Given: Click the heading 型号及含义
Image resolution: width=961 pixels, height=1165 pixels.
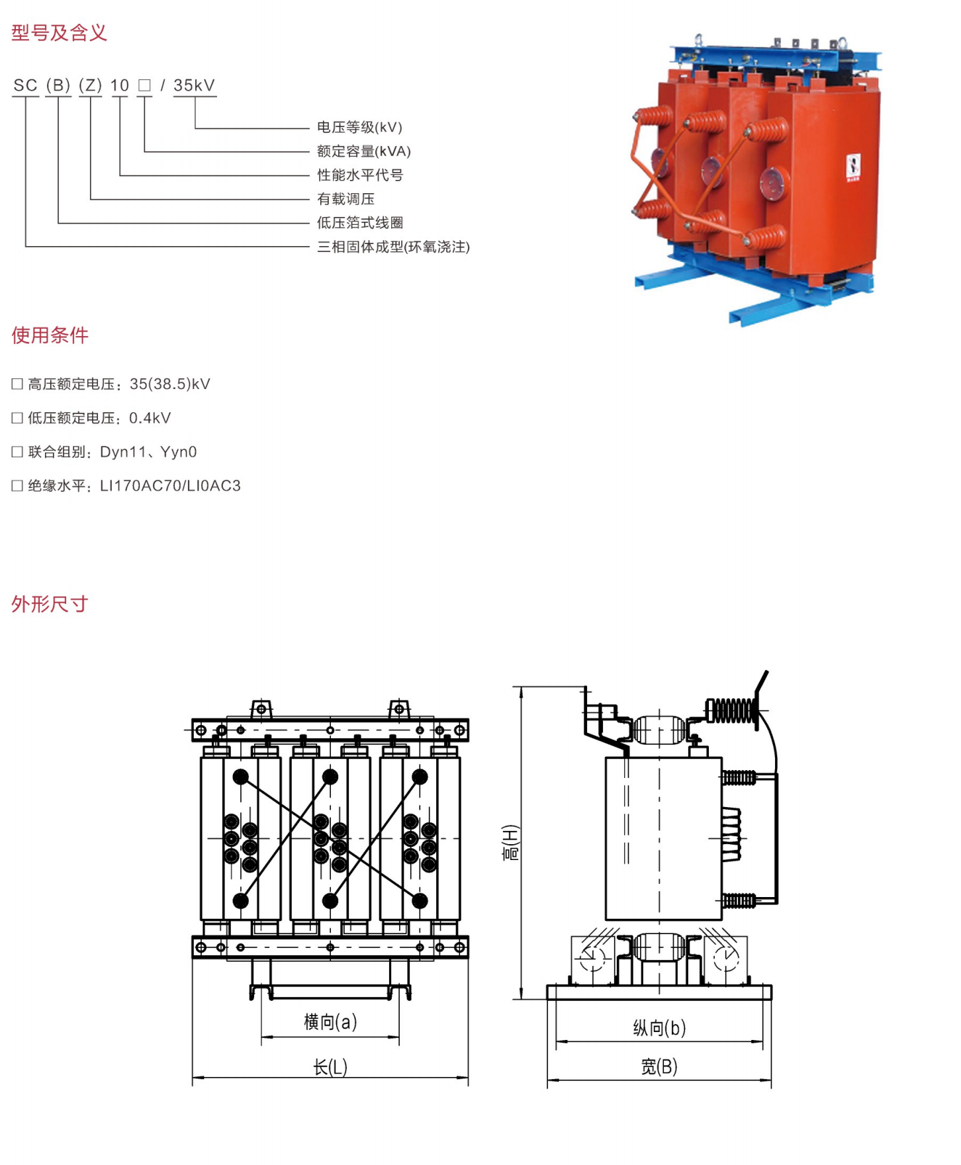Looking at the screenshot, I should click(59, 32).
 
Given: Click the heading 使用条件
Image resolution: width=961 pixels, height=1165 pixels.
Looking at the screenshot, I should click(50, 335).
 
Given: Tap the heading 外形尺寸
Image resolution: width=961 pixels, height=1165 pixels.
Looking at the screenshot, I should click(50, 604).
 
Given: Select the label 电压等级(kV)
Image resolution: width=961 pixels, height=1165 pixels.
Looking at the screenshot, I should click(359, 127).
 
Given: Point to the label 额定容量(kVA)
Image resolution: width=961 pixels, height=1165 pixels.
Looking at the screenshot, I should click(363, 151).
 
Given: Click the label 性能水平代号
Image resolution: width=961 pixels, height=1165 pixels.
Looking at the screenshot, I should click(359, 175).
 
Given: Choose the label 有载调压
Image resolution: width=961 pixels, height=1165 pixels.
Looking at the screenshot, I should click(345, 199).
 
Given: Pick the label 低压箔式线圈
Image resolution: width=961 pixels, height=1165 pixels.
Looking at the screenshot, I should click(359, 223).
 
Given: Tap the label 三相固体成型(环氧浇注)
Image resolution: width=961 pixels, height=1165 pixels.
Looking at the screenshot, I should click(393, 247).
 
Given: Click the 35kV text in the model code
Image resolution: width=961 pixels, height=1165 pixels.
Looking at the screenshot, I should click(194, 85).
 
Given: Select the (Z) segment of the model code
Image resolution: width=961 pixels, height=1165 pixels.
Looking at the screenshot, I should click(90, 85).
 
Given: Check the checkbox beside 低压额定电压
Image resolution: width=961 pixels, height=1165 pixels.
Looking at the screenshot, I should click(17, 418).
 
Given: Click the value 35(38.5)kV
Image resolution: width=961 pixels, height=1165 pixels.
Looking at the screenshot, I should click(170, 384).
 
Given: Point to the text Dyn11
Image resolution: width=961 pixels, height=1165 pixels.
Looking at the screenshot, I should click(122, 452).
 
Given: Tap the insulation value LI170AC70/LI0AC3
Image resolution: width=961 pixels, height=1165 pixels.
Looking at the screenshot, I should click(170, 486).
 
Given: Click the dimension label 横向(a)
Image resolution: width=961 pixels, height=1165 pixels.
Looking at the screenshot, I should click(330, 1022).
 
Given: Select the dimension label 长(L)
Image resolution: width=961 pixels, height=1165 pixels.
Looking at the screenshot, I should click(330, 1067).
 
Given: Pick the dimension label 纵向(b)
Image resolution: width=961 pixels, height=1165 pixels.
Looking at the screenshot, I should click(659, 1028).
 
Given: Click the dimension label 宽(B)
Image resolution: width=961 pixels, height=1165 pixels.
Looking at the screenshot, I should click(659, 1066).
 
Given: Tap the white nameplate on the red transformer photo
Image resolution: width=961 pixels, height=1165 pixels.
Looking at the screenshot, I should click(853, 166).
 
